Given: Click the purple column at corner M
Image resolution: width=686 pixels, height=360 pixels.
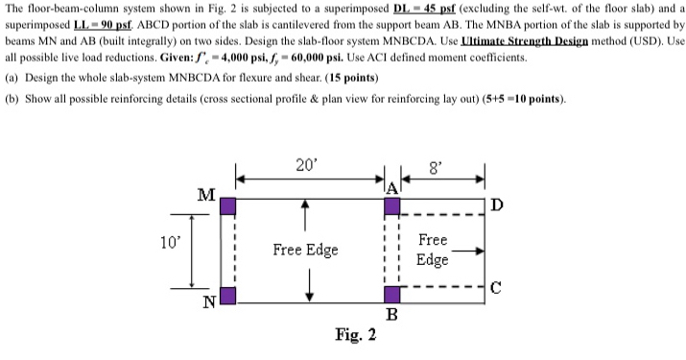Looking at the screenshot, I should (229, 206).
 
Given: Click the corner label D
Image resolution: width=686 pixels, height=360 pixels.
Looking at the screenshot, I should (495, 204).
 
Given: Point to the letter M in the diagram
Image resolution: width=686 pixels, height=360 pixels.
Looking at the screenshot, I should (205, 195).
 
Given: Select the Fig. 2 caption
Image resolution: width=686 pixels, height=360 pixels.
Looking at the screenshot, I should (355, 335).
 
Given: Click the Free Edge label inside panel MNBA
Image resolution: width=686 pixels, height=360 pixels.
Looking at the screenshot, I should (305, 250).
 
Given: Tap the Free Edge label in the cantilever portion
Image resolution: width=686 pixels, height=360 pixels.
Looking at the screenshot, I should (433, 250).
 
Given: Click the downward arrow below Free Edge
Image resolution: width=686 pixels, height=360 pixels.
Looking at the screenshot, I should (309, 285).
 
